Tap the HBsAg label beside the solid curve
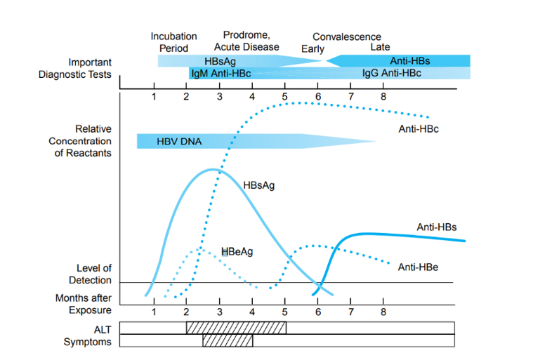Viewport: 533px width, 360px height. [258, 186]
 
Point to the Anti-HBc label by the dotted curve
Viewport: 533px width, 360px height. [418, 128]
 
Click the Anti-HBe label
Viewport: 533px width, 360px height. [418, 267]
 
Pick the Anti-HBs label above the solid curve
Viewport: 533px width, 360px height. [437, 227]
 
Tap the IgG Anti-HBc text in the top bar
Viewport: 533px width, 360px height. [391, 73]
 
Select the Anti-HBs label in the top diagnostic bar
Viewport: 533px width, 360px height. [410, 61]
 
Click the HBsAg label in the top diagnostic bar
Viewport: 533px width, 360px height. [220, 61]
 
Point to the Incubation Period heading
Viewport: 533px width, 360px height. [173, 42]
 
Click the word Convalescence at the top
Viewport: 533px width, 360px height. [346, 36]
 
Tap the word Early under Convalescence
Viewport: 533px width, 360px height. [312, 49]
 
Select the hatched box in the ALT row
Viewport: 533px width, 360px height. [236, 328]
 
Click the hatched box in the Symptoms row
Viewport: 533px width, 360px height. [228, 341]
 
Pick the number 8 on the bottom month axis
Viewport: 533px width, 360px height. [383, 312]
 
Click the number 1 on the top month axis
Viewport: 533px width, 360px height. [154, 96]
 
